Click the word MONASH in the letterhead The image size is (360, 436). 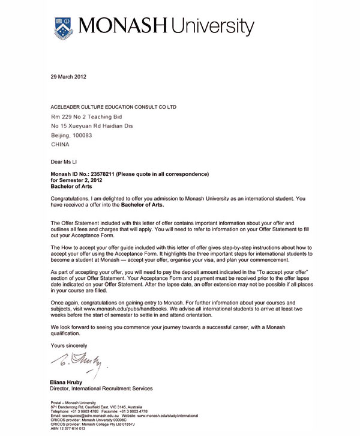coord(124,26)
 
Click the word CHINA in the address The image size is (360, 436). coord(60,145)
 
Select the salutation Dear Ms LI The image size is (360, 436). coord(66,162)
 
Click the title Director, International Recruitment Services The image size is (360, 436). coord(101,389)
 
